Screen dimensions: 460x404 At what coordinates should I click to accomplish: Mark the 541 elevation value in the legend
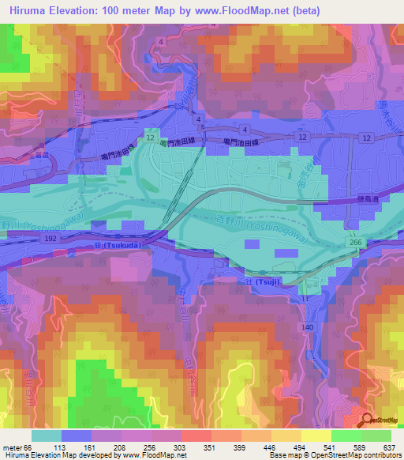click(329, 446)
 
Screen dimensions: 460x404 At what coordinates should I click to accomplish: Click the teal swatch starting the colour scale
click(47, 435)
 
